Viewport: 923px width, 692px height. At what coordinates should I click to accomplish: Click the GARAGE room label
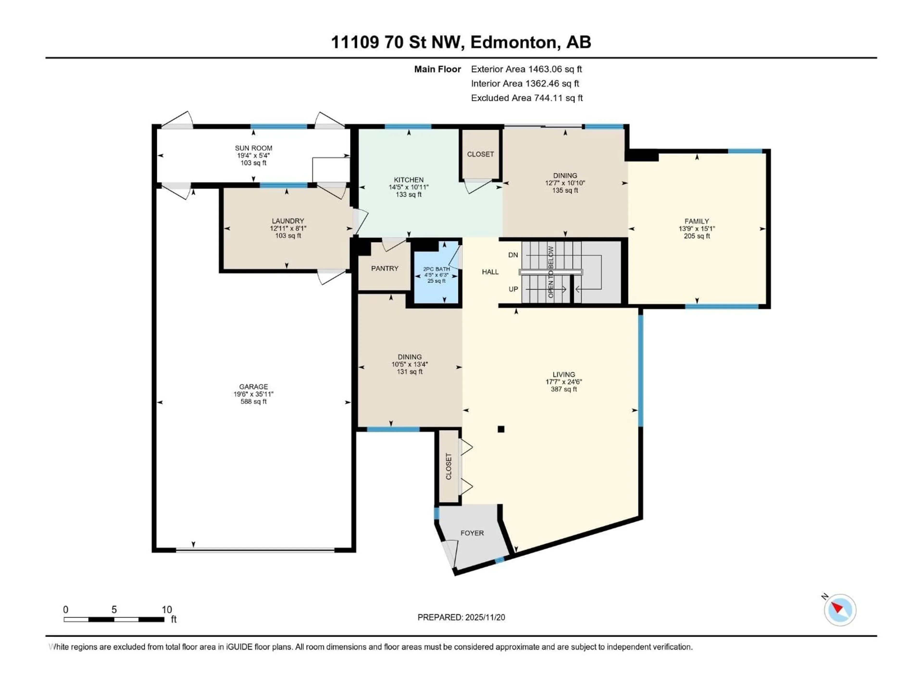(x=253, y=387)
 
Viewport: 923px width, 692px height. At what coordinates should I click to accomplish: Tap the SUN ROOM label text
(x=253, y=148)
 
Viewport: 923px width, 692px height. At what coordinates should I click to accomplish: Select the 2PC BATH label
(x=437, y=269)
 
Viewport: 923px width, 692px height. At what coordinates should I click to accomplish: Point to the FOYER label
(x=472, y=533)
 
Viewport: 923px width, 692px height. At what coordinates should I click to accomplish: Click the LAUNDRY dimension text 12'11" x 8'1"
(x=288, y=229)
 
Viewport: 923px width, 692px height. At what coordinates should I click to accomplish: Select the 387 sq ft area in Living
(x=564, y=389)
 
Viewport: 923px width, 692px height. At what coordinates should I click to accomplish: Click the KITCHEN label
(x=409, y=180)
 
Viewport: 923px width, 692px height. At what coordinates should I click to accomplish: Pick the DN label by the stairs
(x=513, y=255)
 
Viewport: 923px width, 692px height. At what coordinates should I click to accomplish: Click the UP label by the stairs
(x=513, y=289)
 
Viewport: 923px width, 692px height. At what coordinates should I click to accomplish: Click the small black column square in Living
(x=501, y=429)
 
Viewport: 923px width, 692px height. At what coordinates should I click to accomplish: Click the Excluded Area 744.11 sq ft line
(x=527, y=98)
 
